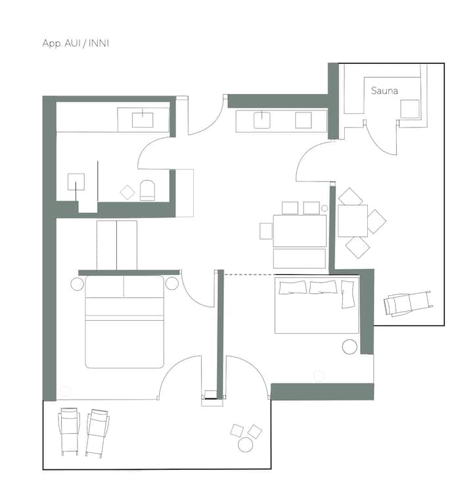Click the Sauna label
point(384,91)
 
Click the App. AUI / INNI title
point(76,43)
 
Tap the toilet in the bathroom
point(147,191)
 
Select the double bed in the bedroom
point(124,322)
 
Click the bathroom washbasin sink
point(143,120)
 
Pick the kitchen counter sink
point(262,120)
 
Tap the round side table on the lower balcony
point(245,445)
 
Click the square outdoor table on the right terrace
point(353,221)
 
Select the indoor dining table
point(300,231)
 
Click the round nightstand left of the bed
point(77,284)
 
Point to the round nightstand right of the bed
point(172,283)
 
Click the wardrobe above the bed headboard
point(117,245)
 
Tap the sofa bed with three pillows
point(317,305)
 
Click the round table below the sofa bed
point(349,346)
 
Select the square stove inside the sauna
point(410,109)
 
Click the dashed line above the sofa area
point(249,275)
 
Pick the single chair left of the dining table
point(266,231)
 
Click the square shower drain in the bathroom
point(76,182)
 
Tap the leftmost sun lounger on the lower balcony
point(69,431)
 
